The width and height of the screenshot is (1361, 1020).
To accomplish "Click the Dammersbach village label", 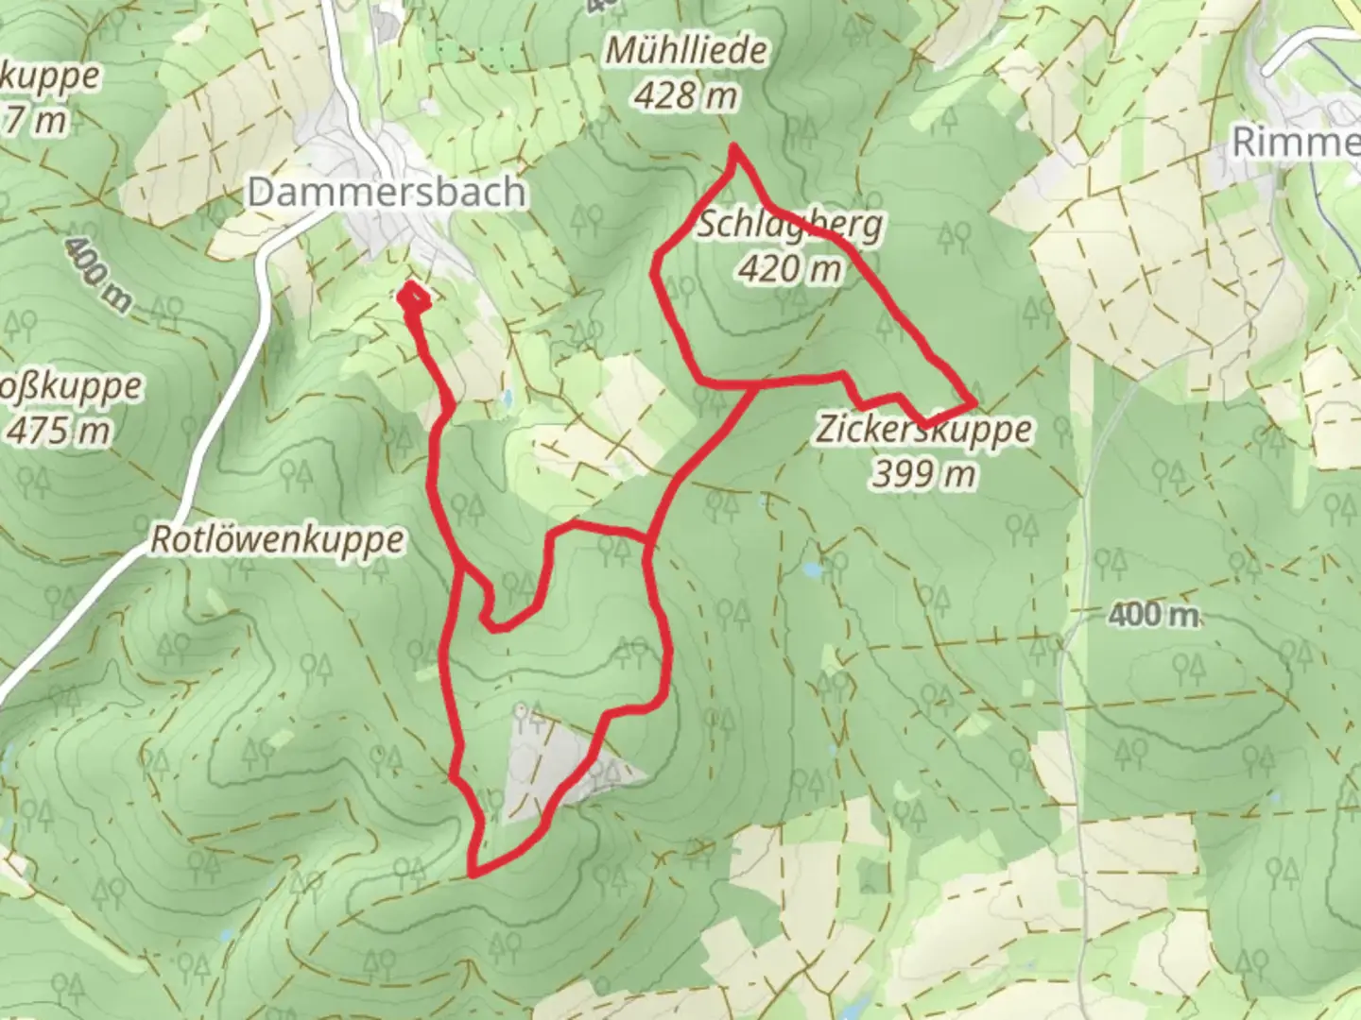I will coord(386,192).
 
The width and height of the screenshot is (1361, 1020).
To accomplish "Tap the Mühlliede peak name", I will coord(686,51).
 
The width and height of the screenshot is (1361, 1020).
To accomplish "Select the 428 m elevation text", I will coord(686,94).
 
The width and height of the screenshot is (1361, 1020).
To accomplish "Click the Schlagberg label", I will coord(790,226).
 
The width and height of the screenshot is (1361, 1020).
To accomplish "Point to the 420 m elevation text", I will coord(790,270).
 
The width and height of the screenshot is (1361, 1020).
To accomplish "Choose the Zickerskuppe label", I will coord(923,430).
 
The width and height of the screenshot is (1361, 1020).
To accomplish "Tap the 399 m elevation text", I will coord(923,473).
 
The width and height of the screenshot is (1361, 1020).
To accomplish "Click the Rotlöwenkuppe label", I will coord(278,540).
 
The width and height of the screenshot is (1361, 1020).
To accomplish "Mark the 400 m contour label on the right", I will coord(1153,616).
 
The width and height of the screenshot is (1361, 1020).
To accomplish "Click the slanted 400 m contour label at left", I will coord(98,274).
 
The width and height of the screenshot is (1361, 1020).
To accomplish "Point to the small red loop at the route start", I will coord(414,298).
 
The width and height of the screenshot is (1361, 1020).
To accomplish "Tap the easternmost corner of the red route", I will coord(973,403).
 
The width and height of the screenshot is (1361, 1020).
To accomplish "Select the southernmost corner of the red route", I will coord(471,874).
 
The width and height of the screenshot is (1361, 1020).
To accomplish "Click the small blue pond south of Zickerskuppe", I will coord(811,569).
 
